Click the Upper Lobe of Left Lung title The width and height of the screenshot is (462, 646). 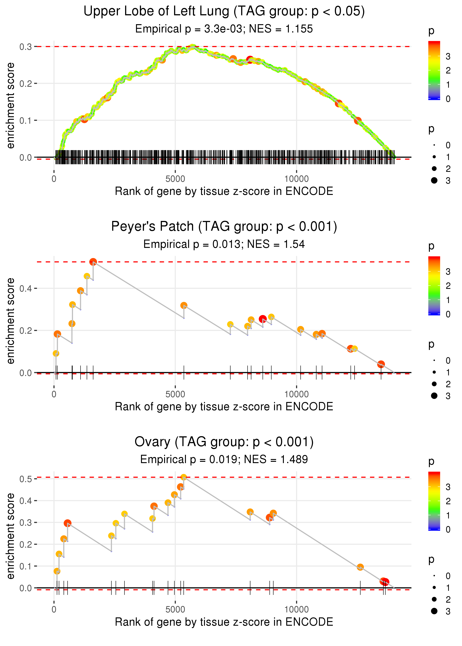[x=224, y=12]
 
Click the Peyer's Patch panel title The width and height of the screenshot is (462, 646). [x=224, y=227]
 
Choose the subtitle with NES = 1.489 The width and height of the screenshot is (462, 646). [x=224, y=459]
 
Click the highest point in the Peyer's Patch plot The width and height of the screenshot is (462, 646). [x=93, y=262]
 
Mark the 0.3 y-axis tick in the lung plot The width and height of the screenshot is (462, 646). [x=26, y=47]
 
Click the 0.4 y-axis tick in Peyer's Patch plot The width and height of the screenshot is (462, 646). [x=26, y=288]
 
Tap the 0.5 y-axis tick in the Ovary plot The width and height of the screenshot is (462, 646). [x=26, y=479]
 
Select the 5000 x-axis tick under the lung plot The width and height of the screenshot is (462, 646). [x=175, y=179]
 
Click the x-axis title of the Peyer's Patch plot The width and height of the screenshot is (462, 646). [x=224, y=407]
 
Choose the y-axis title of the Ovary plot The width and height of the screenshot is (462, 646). [x=11, y=536]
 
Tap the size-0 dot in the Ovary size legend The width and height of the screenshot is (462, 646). [x=434, y=576]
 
